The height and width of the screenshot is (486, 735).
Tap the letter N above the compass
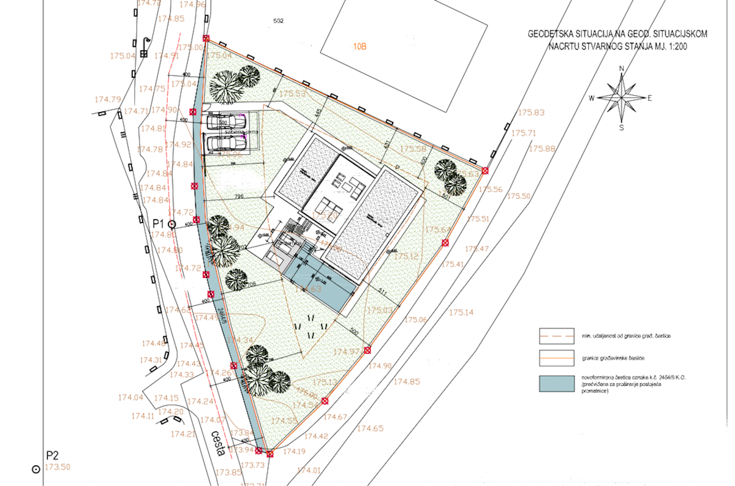click(x=622, y=68)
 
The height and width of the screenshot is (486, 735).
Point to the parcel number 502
click(x=279, y=21)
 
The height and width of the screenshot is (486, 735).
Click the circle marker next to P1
click(x=172, y=224)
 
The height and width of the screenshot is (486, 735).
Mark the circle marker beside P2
click(x=36, y=468)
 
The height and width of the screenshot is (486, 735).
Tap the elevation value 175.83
click(x=531, y=113)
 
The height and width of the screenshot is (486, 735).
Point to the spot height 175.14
click(x=461, y=312)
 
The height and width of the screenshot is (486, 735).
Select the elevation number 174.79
click(x=108, y=99)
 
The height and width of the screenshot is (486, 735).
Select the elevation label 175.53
click(x=292, y=94)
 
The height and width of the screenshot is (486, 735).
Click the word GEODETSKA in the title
click(x=554, y=35)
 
